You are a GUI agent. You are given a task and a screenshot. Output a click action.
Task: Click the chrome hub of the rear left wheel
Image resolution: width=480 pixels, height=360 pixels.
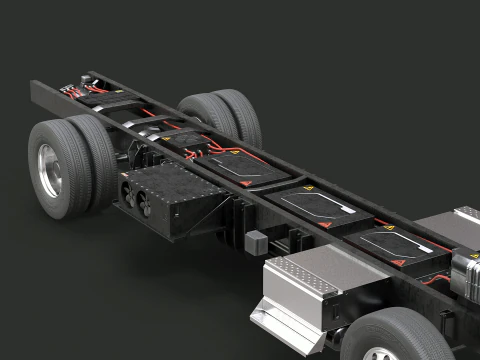[49, 170]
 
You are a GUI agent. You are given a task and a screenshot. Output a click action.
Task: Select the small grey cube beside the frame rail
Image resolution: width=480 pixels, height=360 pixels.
[256, 241]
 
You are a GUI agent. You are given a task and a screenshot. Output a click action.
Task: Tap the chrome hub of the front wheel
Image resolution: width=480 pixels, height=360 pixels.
[380, 354]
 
